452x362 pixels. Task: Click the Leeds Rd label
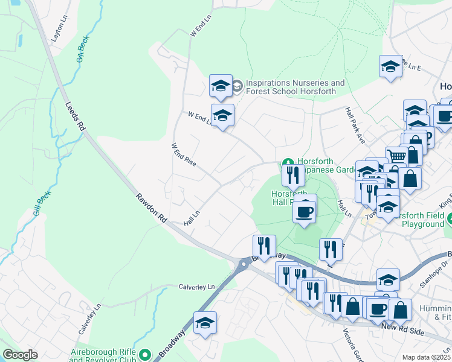(75, 118)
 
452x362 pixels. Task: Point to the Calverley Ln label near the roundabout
(196, 287)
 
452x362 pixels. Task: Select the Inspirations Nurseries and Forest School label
(295, 87)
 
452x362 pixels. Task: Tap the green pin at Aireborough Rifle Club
(144, 354)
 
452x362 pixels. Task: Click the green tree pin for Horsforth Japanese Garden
(288, 163)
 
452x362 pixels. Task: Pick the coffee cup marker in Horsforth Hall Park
(305, 211)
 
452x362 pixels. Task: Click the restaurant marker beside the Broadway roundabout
(264, 246)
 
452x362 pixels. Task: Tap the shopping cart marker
(396, 156)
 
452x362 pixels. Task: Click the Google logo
(21, 355)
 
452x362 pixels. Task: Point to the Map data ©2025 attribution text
(426, 357)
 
